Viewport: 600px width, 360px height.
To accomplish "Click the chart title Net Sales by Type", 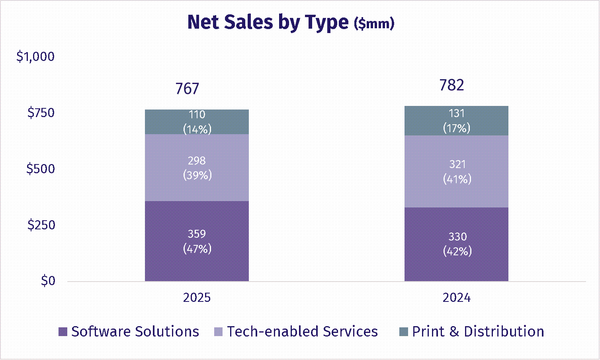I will click(x=268, y=22).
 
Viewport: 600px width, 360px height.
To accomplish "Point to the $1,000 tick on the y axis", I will click(x=35, y=57).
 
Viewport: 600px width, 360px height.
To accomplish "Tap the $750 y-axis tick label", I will click(x=41, y=113).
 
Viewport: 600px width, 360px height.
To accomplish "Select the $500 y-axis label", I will click(x=40, y=169).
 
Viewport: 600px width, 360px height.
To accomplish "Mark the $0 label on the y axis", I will click(x=48, y=281).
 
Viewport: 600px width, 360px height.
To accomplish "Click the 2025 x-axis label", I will click(x=197, y=298).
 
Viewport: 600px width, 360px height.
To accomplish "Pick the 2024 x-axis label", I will click(x=456, y=298).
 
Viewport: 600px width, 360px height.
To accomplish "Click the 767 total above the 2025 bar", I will click(x=187, y=89).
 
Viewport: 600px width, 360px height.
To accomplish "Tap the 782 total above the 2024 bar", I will click(x=451, y=85).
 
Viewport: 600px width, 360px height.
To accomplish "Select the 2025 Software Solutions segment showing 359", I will click(x=197, y=241).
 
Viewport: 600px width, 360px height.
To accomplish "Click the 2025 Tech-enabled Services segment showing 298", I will click(x=197, y=168).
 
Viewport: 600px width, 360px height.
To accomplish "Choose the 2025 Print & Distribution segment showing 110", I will click(x=197, y=122).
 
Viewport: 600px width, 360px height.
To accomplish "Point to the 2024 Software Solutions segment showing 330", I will click(x=456, y=244).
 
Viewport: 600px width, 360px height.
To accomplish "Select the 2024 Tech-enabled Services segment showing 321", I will click(x=456, y=171).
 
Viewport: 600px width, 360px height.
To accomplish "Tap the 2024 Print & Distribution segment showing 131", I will click(x=456, y=121).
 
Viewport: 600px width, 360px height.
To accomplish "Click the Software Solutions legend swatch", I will click(x=63, y=332).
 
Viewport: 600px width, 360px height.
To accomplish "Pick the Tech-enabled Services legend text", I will click(x=302, y=332).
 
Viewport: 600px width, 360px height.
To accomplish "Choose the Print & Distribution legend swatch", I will click(x=404, y=332).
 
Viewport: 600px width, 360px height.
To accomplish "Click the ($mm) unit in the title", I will click(x=374, y=24).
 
